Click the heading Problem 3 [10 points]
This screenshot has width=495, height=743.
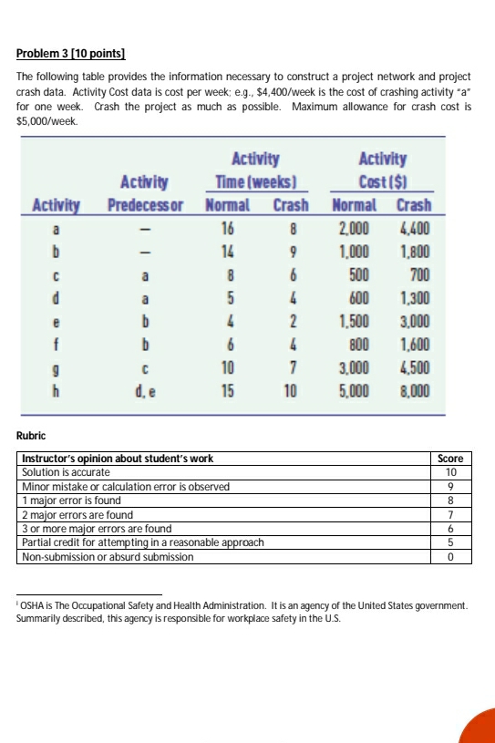(x=71, y=55)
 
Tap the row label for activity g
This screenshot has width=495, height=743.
(x=57, y=369)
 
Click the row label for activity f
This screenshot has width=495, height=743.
(x=57, y=345)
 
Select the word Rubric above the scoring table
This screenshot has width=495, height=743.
(x=34, y=436)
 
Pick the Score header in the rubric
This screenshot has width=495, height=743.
(x=451, y=459)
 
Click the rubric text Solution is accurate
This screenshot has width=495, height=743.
(x=66, y=472)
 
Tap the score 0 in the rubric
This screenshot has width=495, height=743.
(x=451, y=556)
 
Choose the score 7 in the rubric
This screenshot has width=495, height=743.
(x=451, y=514)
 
